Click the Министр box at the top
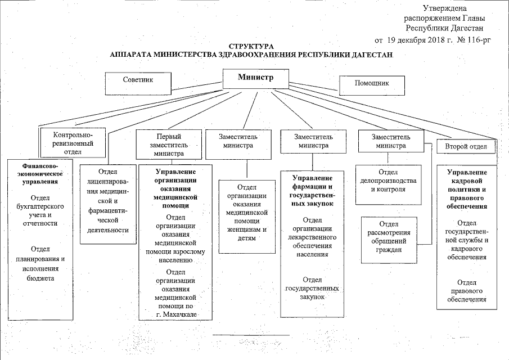(x=255, y=79)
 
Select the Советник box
(x=138, y=83)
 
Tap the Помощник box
(x=372, y=85)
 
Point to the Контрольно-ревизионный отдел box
(x=73, y=143)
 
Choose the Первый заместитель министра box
(x=169, y=145)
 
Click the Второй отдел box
(x=466, y=146)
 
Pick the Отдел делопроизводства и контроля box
(x=388, y=184)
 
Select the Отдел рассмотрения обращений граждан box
(x=389, y=240)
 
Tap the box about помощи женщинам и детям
(x=247, y=217)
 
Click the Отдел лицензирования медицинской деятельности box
(x=108, y=204)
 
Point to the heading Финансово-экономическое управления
(x=40, y=174)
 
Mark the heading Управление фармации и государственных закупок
(x=313, y=191)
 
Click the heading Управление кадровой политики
(x=467, y=189)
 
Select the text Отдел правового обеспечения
(x=467, y=291)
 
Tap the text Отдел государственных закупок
(x=312, y=288)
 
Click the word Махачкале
(x=181, y=314)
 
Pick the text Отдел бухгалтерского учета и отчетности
(x=40, y=211)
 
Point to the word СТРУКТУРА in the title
(x=251, y=47)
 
